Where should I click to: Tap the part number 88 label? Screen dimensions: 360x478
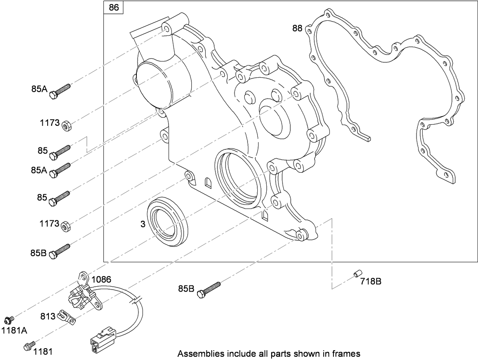pyautogui.click(x=297, y=28)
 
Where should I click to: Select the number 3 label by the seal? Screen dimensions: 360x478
pyautogui.click(x=143, y=224)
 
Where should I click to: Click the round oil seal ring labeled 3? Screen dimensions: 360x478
pyautogui.click(x=168, y=222)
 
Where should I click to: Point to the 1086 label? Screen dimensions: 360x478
pyautogui.click(x=101, y=279)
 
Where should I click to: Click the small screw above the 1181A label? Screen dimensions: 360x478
pyautogui.click(x=9, y=319)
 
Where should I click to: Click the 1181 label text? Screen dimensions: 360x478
pyautogui.click(x=43, y=351)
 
